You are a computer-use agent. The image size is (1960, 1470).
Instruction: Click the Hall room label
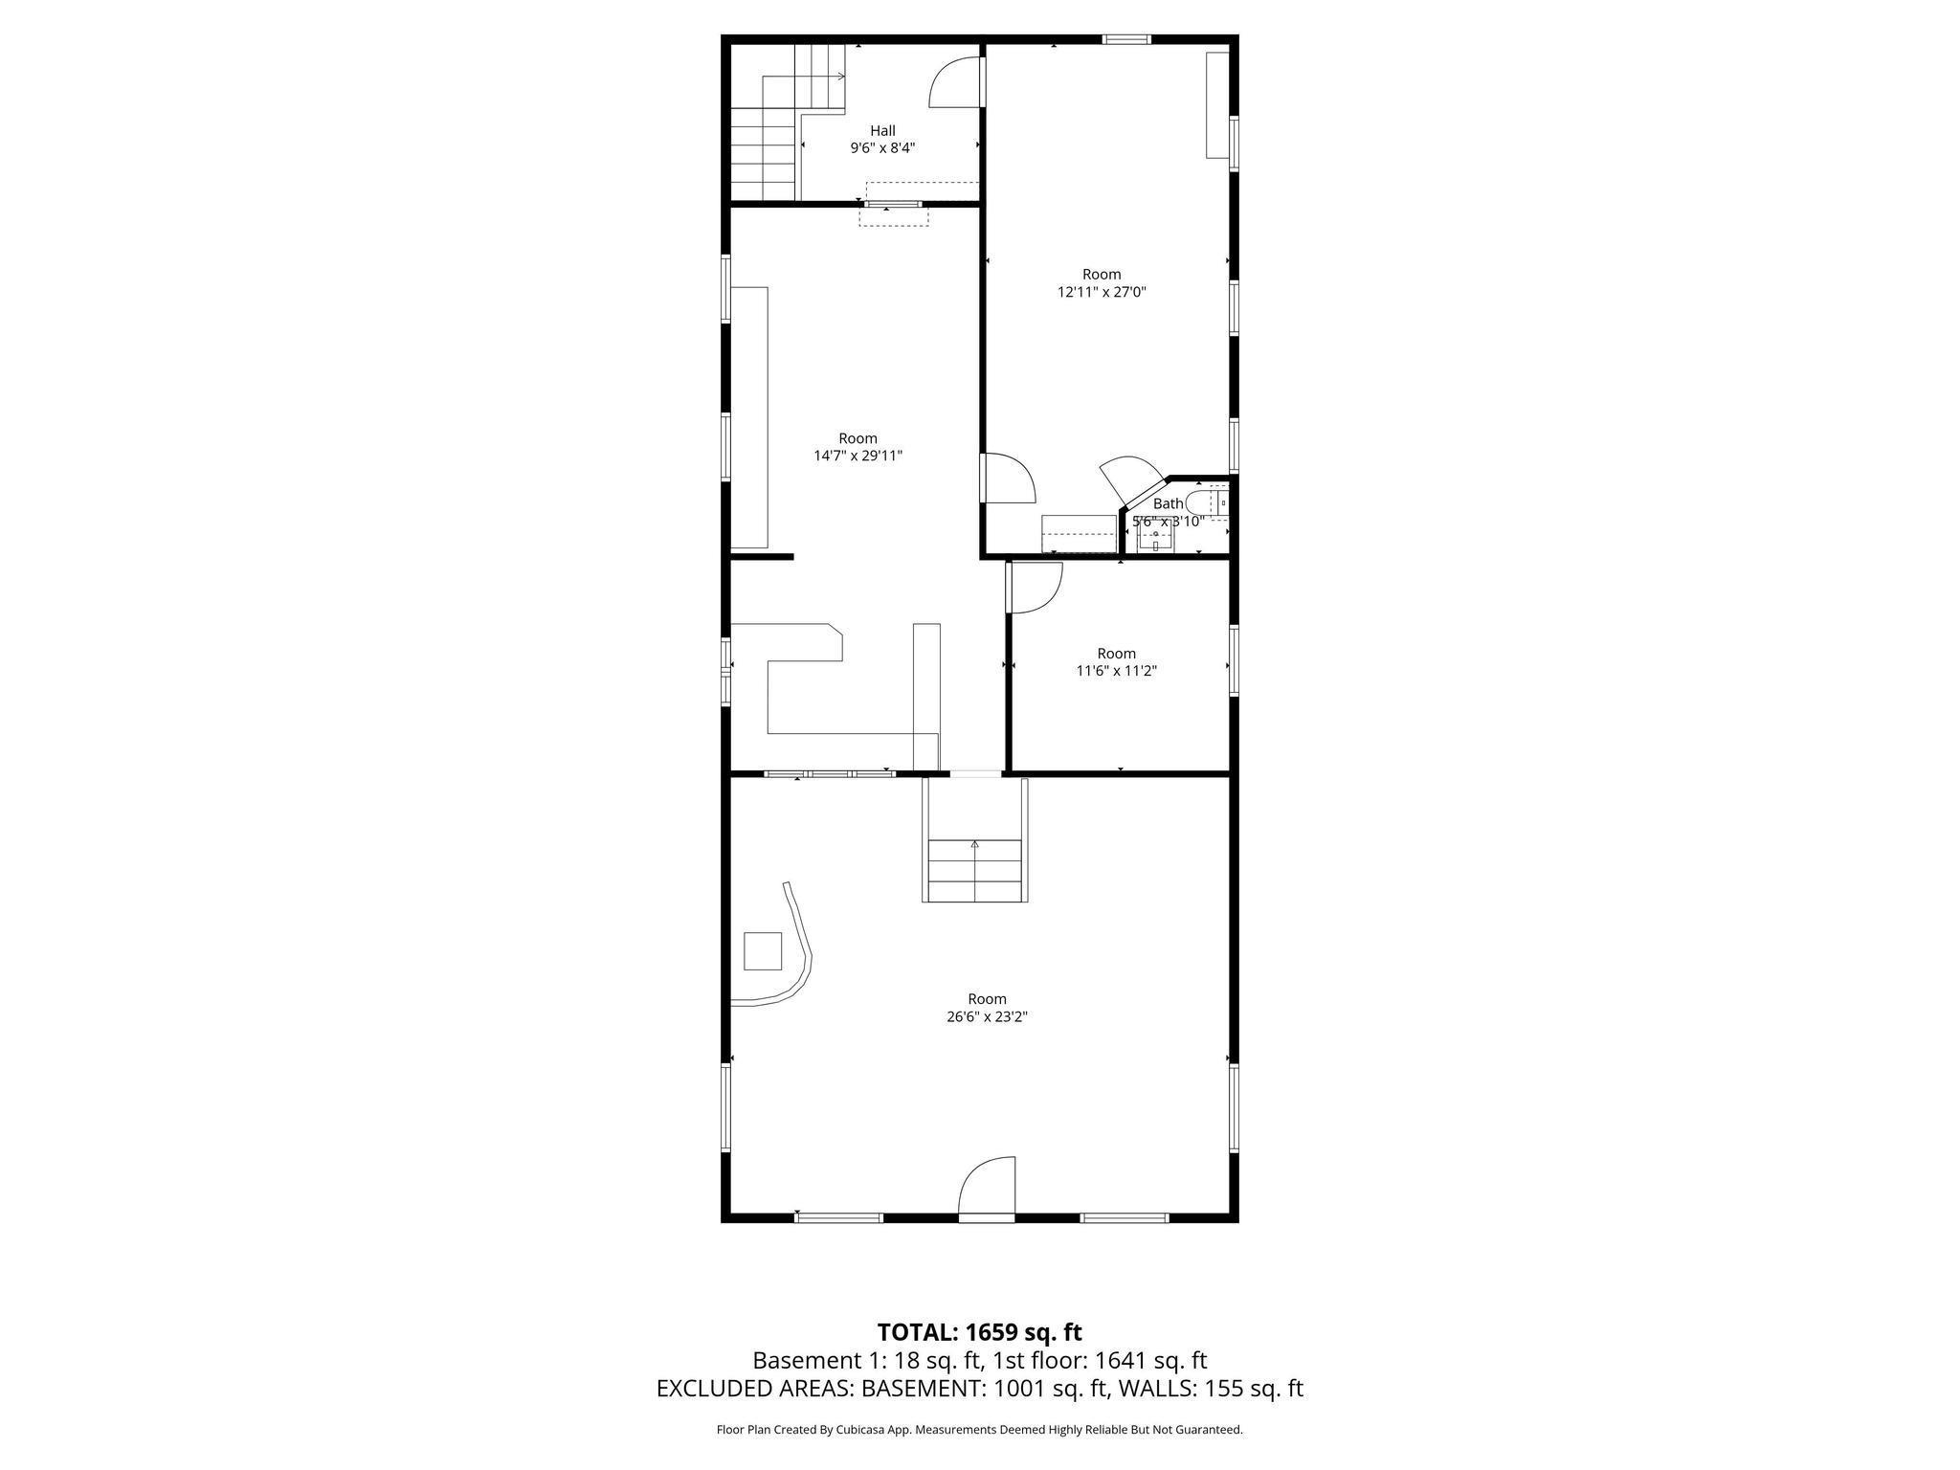(882, 131)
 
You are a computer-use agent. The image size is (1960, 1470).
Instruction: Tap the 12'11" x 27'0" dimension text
(1102, 292)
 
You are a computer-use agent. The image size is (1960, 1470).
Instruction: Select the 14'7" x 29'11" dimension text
(857, 457)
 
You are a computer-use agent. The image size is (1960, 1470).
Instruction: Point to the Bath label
(1168, 503)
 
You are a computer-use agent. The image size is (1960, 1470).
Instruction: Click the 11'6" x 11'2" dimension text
(1116, 671)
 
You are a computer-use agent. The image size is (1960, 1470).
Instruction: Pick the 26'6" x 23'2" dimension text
(987, 1016)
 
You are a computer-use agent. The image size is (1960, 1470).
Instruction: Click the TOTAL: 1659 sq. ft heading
(979, 1332)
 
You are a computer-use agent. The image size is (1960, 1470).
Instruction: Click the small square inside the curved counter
(764, 951)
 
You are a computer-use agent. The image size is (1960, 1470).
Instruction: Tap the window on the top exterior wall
(1125, 39)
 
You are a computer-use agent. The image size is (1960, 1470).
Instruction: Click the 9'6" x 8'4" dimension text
(882, 148)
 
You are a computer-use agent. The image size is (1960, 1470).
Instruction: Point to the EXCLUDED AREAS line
(979, 1389)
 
